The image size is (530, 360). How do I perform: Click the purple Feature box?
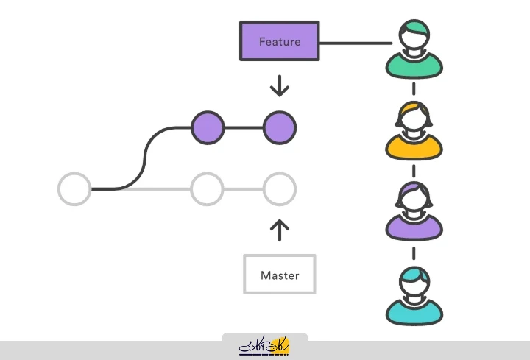tap(280, 41)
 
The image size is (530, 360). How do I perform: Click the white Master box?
tap(280, 275)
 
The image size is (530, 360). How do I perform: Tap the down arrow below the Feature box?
tap(280, 88)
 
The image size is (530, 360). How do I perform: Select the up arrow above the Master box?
tap(280, 229)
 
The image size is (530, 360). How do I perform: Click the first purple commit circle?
tap(208, 128)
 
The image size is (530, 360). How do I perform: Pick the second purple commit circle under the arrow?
tap(280, 128)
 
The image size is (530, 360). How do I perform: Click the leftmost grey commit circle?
tap(74, 189)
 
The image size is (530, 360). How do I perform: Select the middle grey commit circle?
tap(207, 189)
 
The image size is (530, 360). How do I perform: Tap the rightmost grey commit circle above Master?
tap(280, 189)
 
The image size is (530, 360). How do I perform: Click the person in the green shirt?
tap(414, 50)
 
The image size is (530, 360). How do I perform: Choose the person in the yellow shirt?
tap(414, 131)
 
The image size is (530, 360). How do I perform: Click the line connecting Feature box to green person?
tap(356, 42)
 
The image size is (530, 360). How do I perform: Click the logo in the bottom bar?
tap(265, 345)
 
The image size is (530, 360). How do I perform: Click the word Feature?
tap(280, 42)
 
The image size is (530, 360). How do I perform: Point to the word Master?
tap(280, 275)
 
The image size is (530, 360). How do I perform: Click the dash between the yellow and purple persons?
tap(414, 171)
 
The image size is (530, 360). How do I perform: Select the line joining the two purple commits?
tap(244, 128)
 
